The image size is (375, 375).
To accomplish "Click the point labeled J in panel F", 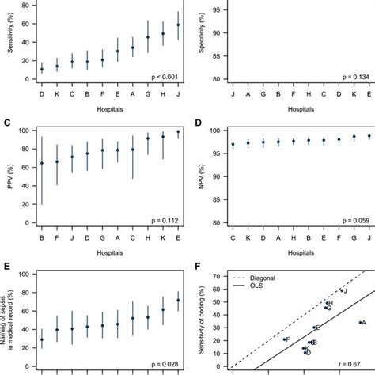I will pos(343,291).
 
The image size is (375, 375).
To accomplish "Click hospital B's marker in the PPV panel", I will pos(42,164).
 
